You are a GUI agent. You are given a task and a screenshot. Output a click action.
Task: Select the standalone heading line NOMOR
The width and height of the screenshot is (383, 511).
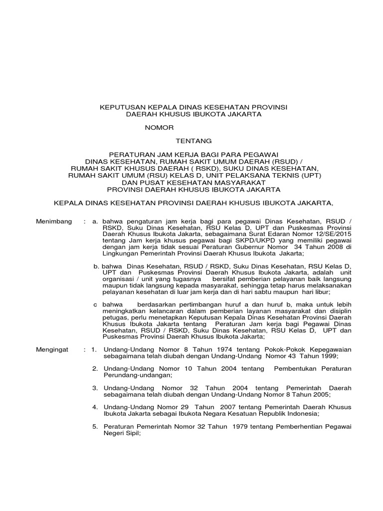(x=159, y=128)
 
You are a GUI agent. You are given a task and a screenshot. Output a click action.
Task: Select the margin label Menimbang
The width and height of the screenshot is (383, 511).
(x=54, y=221)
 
